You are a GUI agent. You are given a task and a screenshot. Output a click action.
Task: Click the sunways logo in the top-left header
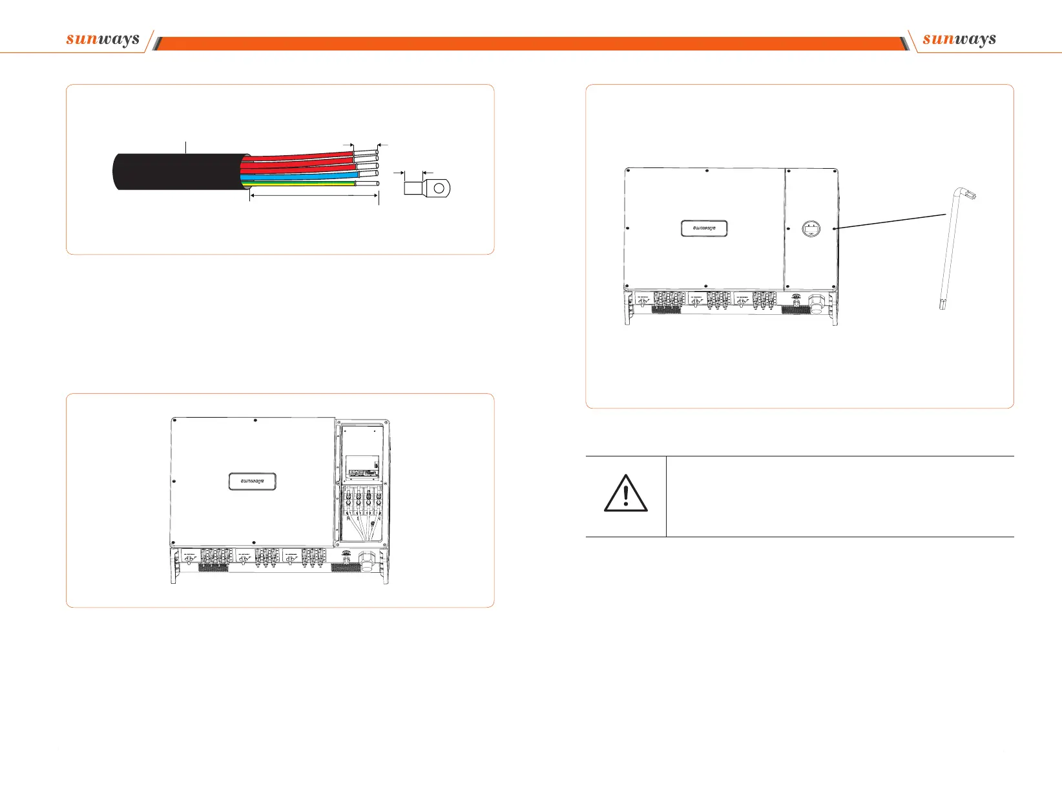point(103,39)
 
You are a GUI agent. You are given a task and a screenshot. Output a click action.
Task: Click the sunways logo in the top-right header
point(959,39)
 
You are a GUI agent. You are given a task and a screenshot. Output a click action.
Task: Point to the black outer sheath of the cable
point(174,171)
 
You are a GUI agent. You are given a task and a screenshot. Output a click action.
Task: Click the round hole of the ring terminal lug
point(439,188)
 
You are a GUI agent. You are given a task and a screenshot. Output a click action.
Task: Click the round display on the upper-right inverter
point(811,229)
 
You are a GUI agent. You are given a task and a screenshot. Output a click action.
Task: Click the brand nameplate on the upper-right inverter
point(704,228)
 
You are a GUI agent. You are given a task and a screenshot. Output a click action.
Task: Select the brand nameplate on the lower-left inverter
point(252,482)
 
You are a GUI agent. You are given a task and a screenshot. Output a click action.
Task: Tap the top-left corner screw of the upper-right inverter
point(629,171)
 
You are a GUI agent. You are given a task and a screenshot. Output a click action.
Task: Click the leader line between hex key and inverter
point(891,220)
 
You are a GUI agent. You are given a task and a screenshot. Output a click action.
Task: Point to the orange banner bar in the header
point(530,44)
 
